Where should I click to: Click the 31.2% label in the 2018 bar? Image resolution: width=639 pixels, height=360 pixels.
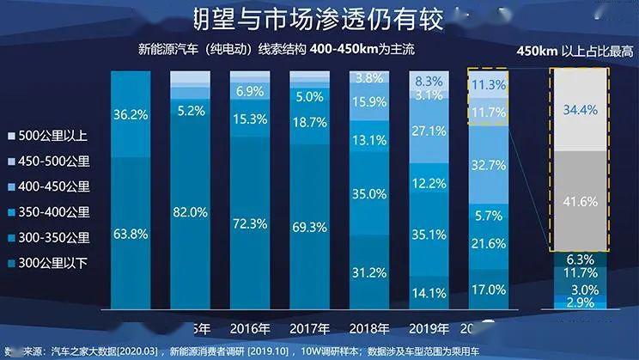[x=369, y=272]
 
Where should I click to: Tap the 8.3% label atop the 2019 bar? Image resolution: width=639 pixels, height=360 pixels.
[x=429, y=81]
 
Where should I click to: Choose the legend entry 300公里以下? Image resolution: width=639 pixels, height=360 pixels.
[x=54, y=263]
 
